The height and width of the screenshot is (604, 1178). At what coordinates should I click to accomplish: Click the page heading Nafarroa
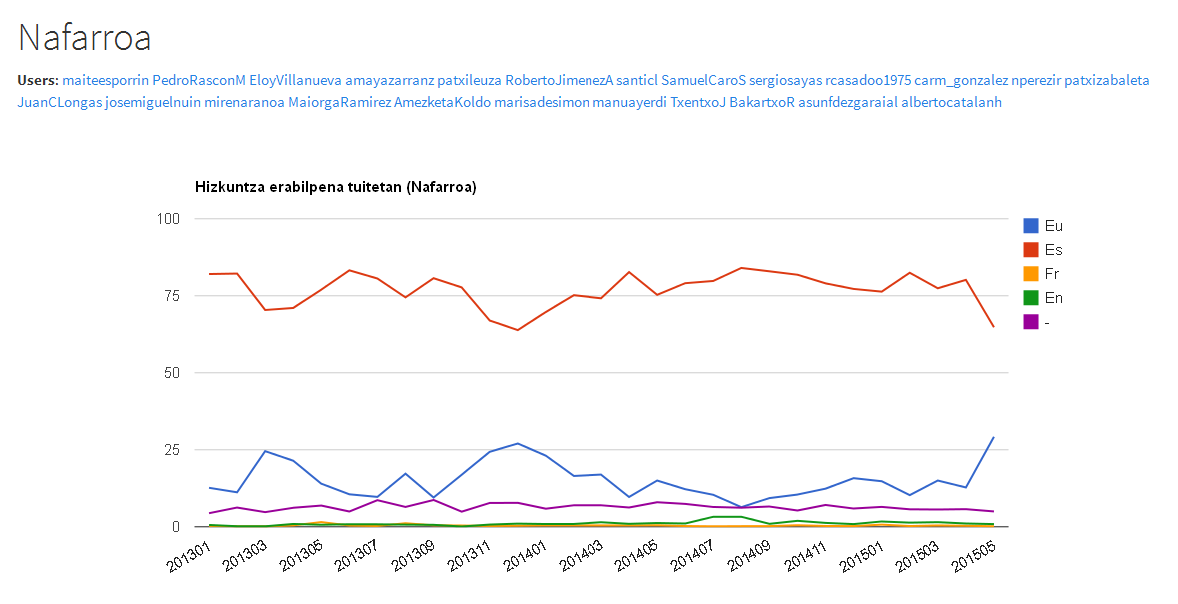click(84, 38)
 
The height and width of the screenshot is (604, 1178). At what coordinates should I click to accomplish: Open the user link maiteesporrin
click(105, 80)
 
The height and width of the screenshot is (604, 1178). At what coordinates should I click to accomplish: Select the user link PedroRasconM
click(199, 80)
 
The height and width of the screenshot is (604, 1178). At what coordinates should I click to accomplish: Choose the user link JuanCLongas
click(59, 102)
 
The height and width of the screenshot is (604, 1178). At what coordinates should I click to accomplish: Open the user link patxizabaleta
click(1107, 80)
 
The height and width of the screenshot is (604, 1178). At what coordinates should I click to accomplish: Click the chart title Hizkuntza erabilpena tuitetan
click(299, 187)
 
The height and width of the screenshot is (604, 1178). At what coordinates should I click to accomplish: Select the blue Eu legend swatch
click(1031, 226)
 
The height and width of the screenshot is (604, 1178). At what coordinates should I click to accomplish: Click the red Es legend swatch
click(1031, 250)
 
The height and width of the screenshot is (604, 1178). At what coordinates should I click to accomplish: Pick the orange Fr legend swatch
click(1031, 274)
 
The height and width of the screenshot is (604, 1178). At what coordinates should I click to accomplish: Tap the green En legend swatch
click(1031, 298)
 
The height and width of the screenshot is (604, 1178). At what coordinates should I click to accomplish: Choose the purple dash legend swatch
click(1031, 322)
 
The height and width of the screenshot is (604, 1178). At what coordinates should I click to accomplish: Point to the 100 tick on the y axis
click(168, 219)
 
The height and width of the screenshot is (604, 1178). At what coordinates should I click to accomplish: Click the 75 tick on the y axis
click(172, 296)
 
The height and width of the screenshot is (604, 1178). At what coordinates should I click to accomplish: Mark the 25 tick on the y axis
click(172, 450)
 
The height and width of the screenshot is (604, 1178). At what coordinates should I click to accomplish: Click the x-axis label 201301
click(189, 557)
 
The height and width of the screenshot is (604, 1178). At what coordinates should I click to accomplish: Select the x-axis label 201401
click(525, 557)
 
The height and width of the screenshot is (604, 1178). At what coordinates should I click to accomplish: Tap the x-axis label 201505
click(972, 557)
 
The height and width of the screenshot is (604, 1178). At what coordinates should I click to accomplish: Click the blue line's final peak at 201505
click(993, 437)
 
